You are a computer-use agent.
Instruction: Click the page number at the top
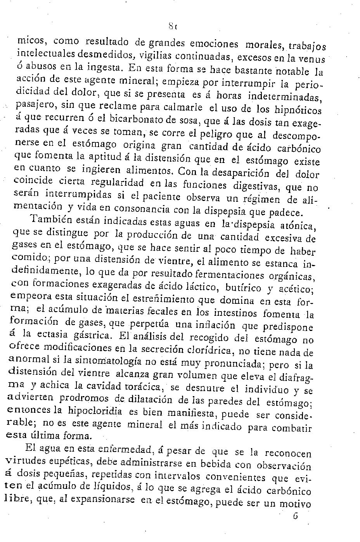point(173,27)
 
